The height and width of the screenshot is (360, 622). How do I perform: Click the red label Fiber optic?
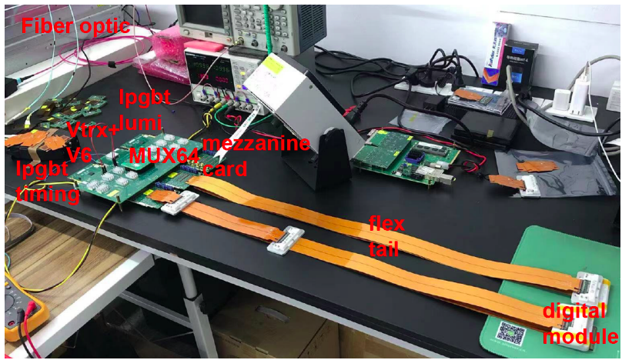[75, 25]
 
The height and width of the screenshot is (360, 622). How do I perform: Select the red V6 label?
[79, 154]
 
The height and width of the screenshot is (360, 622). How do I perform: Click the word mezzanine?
[256, 143]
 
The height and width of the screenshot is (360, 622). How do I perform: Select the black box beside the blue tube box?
[521, 62]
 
